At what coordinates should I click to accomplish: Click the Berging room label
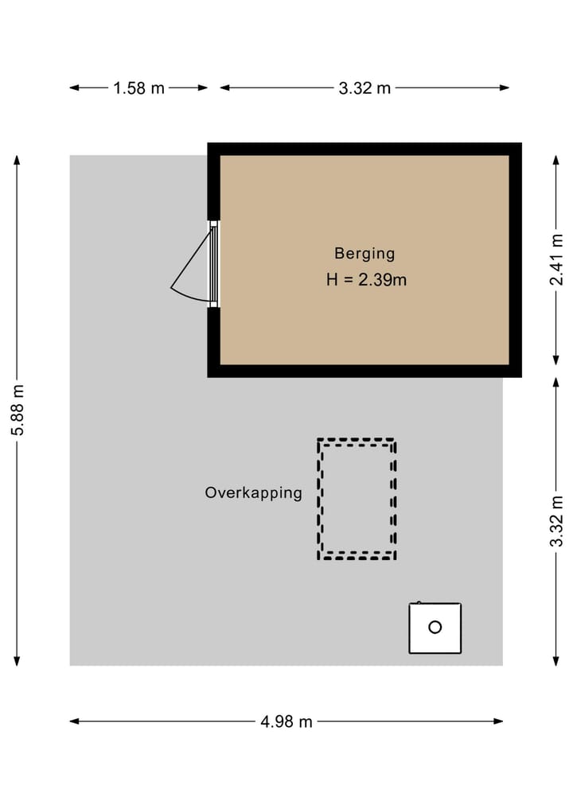tap(364, 254)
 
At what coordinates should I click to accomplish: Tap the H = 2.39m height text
tap(366, 280)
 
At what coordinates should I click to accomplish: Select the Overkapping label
tap(254, 492)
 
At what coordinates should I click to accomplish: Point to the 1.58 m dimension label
tap(138, 88)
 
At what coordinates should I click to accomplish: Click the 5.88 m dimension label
tap(18, 410)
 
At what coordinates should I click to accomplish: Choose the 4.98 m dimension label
tap(286, 722)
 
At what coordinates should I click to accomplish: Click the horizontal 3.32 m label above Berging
tap(364, 88)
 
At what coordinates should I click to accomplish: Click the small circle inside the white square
tap(435, 627)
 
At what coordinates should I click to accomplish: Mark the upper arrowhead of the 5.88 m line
tap(18, 160)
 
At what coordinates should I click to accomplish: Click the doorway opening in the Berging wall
tap(213, 264)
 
